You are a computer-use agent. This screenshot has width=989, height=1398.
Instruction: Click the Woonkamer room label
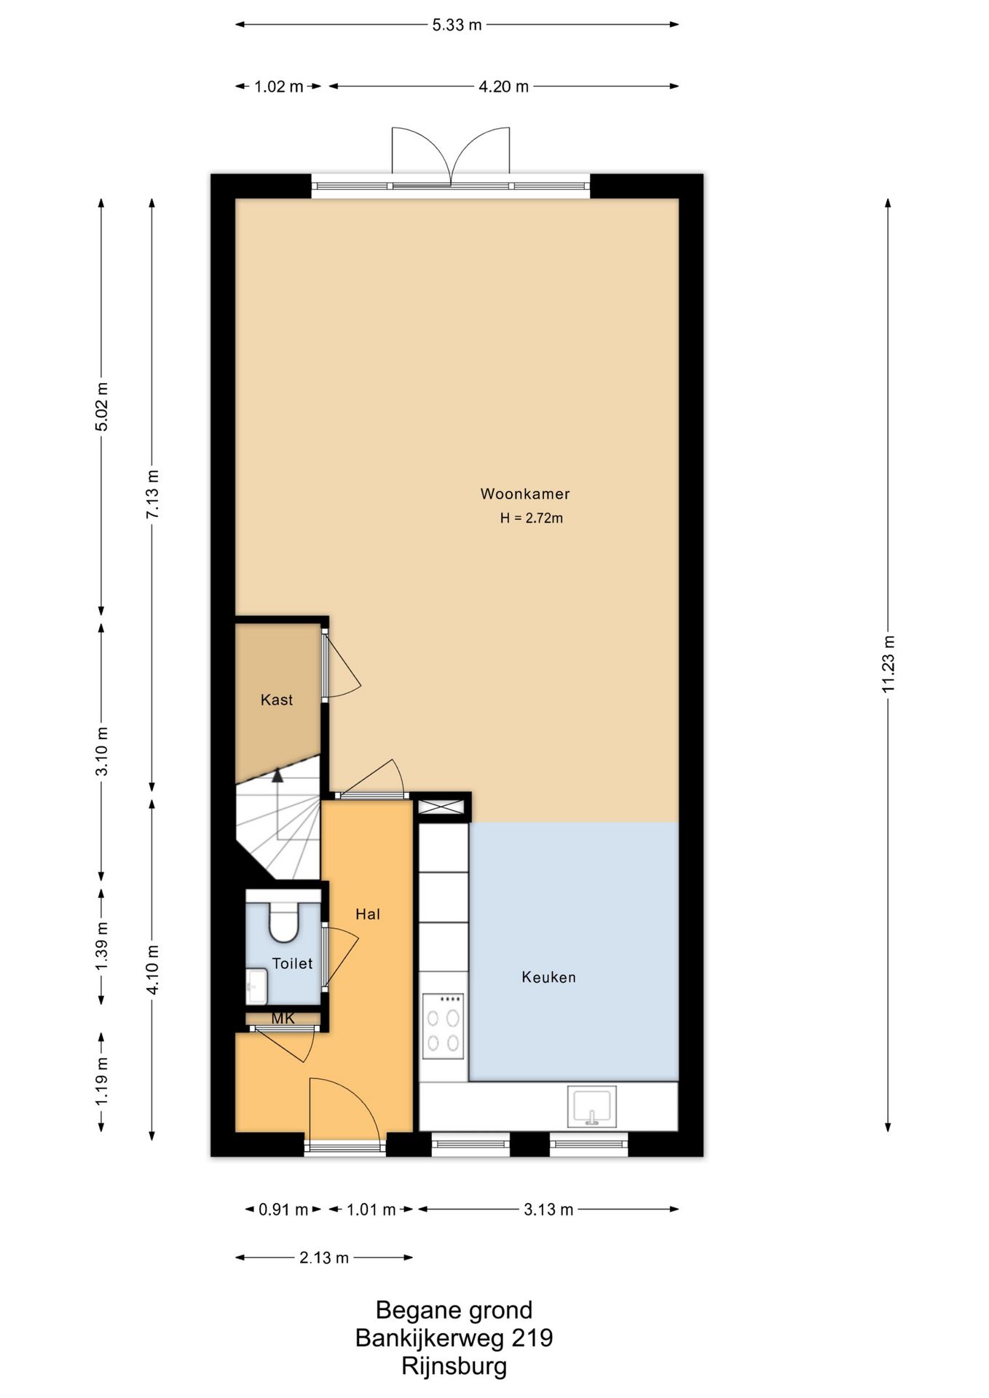coord(524,494)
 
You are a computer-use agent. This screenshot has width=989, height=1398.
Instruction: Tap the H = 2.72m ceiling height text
coord(531,518)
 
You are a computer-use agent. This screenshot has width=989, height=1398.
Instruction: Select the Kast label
coord(277,700)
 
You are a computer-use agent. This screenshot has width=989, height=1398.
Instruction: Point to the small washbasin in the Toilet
coord(256,987)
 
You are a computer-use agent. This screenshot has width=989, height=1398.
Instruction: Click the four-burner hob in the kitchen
coord(444,1025)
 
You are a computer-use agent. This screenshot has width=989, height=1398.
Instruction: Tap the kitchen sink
coord(591,1106)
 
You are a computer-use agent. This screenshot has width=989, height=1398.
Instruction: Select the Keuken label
coord(548,977)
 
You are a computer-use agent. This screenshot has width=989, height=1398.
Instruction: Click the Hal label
coord(368,914)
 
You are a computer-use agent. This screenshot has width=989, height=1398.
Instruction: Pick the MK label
coord(283,1019)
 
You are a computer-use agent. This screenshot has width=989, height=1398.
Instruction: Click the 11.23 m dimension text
coord(888,664)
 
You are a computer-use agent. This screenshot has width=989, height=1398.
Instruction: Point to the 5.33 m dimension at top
coord(457,25)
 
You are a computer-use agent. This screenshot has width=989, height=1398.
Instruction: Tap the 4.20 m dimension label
coord(503,87)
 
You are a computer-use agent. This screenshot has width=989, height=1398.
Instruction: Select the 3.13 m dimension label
coord(548,1209)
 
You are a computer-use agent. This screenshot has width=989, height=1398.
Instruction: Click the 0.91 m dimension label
coord(283,1209)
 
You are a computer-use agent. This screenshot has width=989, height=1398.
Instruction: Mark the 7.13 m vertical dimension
coord(151,494)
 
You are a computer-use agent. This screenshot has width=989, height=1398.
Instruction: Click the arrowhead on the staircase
coord(277,775)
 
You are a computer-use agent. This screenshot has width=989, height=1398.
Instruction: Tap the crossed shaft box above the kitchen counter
coord(441,807)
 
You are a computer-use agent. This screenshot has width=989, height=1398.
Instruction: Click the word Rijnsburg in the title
coord(454,1366)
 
